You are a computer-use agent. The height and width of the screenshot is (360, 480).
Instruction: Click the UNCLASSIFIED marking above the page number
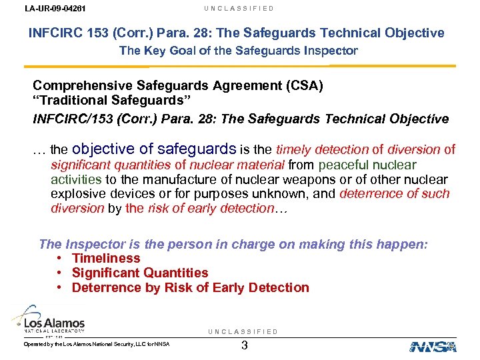pos(243,331)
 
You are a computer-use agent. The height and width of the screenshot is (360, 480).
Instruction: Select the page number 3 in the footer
pos(245,345)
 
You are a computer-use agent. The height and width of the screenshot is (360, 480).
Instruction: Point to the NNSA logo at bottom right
pos(433,346)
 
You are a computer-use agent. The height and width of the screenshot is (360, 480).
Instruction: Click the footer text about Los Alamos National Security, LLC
pos(97,344)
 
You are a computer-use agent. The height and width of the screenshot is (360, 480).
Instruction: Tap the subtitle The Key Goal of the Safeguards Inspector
pos(238,51)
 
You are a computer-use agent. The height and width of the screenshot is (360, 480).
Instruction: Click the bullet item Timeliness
pos(106,258)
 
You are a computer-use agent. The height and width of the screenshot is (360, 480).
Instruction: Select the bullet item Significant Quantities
pos(140,273)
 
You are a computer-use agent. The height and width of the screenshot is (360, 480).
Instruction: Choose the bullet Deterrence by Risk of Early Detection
pos(190,287)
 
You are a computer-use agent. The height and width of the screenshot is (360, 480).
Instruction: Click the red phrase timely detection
pos(322,150)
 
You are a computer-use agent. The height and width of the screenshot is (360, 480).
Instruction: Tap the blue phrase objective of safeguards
pos(153,149)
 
